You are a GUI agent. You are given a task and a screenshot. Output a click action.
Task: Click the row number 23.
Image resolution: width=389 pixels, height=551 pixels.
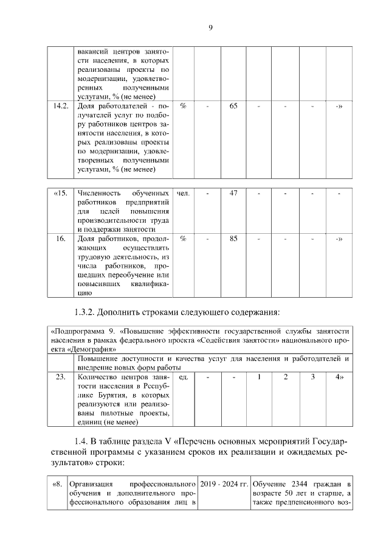tap(60, 377)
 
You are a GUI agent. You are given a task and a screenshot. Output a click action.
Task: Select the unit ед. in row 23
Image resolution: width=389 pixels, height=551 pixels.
tap(184, 377)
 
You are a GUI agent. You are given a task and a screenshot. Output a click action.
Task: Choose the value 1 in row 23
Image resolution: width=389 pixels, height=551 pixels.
tap(259, 377)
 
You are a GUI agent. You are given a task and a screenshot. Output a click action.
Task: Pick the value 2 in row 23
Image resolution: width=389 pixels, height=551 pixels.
tap(286, 377)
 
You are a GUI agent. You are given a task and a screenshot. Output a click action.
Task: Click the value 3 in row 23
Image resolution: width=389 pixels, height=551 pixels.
tap(312, 377)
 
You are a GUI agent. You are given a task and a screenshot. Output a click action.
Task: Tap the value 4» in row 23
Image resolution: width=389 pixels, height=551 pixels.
tap(340, 377)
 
